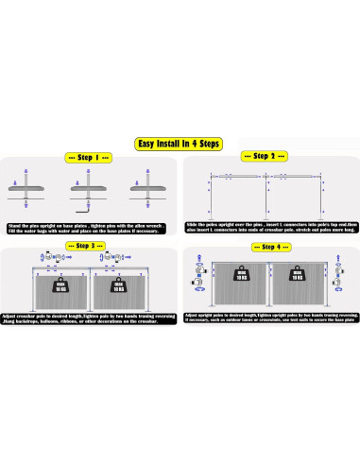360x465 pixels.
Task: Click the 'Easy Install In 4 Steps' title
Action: coord(179,145)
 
